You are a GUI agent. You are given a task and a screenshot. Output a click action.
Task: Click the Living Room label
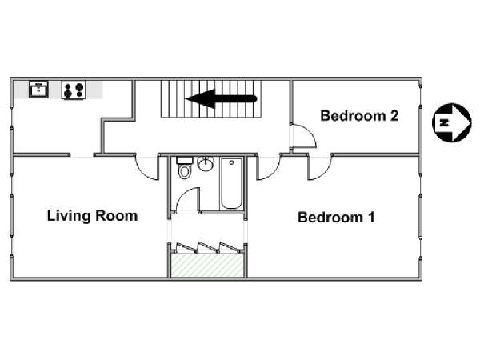[92, 216]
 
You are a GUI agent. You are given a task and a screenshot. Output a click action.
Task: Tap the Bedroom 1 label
[336, 218]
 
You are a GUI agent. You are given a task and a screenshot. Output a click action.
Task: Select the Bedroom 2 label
[359, 116]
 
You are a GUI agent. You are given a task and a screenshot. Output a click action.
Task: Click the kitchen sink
[38, 90]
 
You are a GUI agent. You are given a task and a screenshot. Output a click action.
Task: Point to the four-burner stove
[74, 90]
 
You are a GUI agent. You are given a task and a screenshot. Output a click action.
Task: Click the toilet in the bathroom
[185, 168]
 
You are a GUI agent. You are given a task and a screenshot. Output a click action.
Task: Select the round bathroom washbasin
[206, 163]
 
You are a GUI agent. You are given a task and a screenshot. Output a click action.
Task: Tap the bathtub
[231, 183]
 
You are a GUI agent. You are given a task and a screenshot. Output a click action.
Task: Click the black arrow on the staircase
[221, 99]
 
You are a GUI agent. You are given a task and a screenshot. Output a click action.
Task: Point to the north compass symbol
[451, 122]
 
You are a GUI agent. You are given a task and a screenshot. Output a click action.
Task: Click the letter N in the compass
[443, 122]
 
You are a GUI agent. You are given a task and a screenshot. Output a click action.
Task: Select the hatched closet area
[207, 265]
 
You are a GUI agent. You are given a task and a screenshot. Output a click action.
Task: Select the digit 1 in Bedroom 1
[371, 218]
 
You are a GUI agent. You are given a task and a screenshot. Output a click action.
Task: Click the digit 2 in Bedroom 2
[394, 116]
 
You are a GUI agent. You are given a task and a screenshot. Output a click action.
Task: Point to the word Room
[116, 216]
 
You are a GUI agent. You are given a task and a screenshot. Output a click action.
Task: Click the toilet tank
[185, 160]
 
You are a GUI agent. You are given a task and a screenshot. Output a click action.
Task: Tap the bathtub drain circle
[231, 162]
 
